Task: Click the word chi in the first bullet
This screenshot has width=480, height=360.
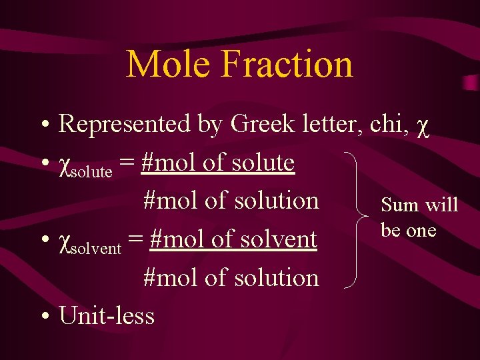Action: pyautogui.click(x=385, y=123)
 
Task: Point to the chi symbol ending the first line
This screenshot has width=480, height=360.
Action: pyautogui.click(x=421, y=126)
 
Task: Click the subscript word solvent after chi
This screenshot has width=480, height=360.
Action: pyautogui.click(x=97, y=249)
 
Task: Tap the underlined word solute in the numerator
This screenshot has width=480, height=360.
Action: pyautogui.click(x=264, y=162)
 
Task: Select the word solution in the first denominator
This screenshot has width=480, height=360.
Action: pyautogui.click(x=279, y=201)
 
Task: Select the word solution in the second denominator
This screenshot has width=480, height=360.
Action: pyautogui.click(x=279, y=278)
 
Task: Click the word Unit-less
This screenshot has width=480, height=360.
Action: pyautogui.click(x=107, y=316)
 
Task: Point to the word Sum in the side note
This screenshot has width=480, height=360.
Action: pyautogui.click(x=400, y=205)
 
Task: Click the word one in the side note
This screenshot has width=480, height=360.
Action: pyautogui.click(x=421, y=231)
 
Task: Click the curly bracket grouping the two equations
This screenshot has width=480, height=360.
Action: pyautogui.click(x=360, y=219)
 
